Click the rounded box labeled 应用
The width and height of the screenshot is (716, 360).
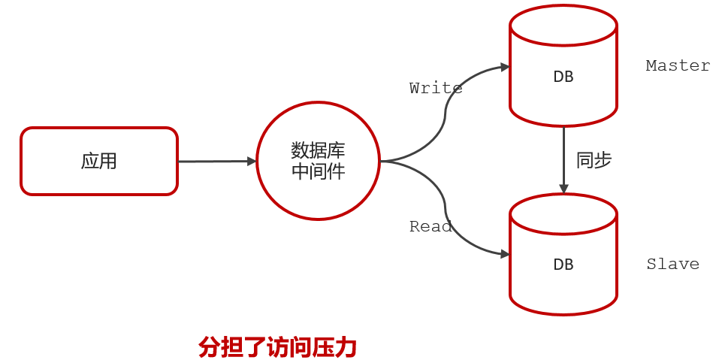coord(99,161)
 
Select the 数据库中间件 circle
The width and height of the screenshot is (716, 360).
coord(318,161)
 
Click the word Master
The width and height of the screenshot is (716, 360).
coord(678,65)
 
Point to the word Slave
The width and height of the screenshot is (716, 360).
coord(672,264)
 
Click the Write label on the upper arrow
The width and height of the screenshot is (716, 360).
coord(436,88)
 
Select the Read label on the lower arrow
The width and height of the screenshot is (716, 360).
coord(431,226)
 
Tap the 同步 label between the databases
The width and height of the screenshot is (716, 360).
coord(594,160)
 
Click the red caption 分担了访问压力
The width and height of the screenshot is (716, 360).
coord(277,346)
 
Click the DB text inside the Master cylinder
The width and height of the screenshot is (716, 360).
coord(563,77)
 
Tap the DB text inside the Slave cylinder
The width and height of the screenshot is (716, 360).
coord(563,265)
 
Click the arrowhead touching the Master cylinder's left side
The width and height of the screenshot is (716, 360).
coord(504,67)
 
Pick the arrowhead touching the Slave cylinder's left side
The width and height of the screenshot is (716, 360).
coord(504,253)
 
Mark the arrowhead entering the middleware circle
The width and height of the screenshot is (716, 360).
coord(252,161)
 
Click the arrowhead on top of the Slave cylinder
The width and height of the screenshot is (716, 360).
coord(563,188)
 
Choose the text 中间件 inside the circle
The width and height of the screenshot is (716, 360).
coord(318,171)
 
